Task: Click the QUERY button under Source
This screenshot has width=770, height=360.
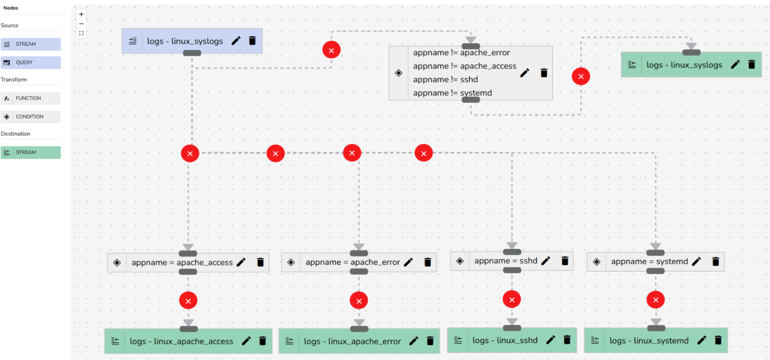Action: [30, 62]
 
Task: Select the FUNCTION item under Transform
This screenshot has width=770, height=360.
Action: [30, 98]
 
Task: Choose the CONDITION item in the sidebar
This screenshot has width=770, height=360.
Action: [30, 116]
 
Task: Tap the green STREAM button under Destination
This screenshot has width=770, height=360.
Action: [30, 152]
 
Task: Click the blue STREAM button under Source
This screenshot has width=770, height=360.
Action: [30, 44]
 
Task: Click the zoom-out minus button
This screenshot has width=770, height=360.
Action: [81, 24]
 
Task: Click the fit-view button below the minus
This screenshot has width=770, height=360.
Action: [81, 33]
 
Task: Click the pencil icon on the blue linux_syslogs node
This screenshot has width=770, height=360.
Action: [236, 41]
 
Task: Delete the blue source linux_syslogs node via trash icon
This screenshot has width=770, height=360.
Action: [252, 41]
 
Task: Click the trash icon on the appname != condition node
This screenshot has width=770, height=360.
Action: [544, 73]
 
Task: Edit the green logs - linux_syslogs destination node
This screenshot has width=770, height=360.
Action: [735, 64]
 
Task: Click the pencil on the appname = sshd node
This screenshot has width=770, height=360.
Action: [546, 261]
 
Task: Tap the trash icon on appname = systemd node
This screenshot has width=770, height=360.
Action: [715, 262]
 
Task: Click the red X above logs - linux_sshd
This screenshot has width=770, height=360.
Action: [512, 299]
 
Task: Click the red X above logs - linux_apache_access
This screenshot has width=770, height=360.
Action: [188, 301]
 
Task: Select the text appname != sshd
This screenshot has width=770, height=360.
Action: [445, 79]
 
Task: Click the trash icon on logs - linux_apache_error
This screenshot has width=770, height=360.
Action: [430, 341]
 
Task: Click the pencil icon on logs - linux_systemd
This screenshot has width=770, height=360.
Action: [701, 340]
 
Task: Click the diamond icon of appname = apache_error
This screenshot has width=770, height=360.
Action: [291, 262]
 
